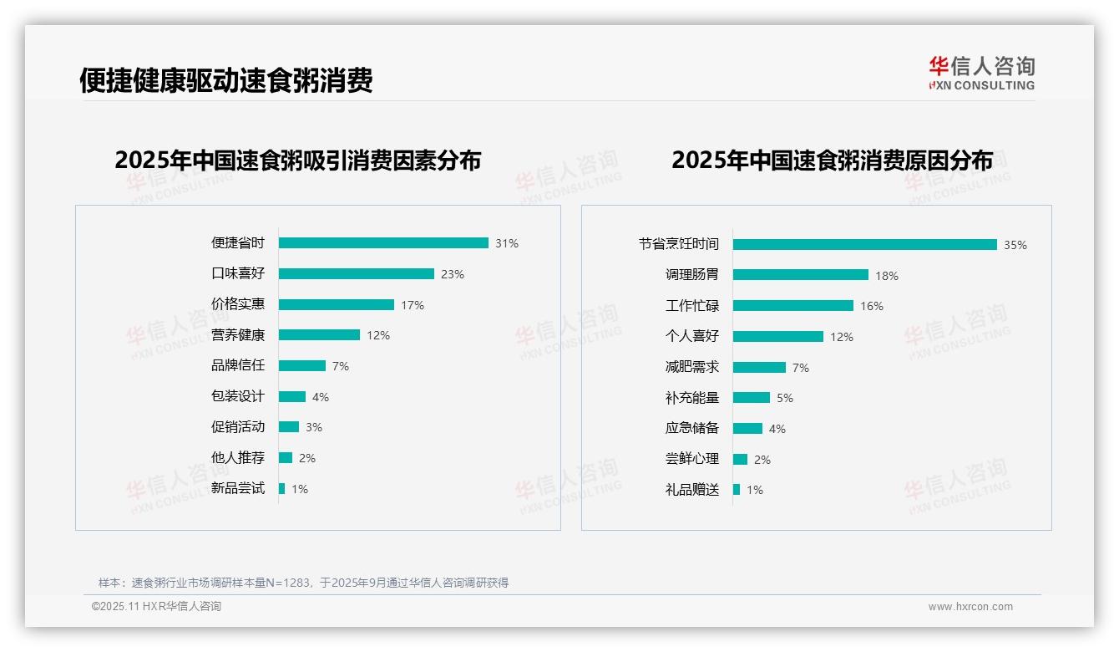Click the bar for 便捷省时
tap(383, 243)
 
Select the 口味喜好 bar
tap(357, 273)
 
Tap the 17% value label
tap(413, 305)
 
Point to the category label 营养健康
tap(238, 335)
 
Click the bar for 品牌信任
tap(302, 366)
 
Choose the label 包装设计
tap(238, 396)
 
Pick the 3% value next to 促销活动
tap(314, 427)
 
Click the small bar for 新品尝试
tap(282, 488)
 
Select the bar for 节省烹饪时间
tap(865, 244)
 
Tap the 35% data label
tap(1015, 245)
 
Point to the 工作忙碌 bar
tap(793, 306)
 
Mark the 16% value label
tap(872, 306)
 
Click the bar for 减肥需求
tap(760, 367)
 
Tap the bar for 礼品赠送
tap(737, 489)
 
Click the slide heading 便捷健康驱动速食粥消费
tap(226, 80)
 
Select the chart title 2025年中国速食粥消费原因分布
tap(832, 160)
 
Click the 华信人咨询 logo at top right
tap(981, 73)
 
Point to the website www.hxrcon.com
tap(970, 607)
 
